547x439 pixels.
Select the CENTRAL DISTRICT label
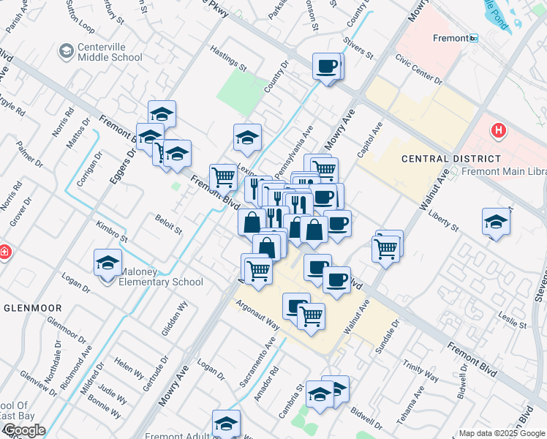(x=451, y=158)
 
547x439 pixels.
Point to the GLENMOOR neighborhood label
(x=31, y=308)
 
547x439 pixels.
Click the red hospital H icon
(x=498, y=131)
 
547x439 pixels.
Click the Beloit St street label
(x=168, y=222)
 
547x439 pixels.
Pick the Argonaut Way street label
(x=257, y=315)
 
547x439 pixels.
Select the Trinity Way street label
(x=420, y=372)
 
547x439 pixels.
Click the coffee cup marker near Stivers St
(x=326, y=67)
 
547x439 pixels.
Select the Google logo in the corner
(x=23, y=430)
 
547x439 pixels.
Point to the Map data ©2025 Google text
(x=502, y=433)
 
